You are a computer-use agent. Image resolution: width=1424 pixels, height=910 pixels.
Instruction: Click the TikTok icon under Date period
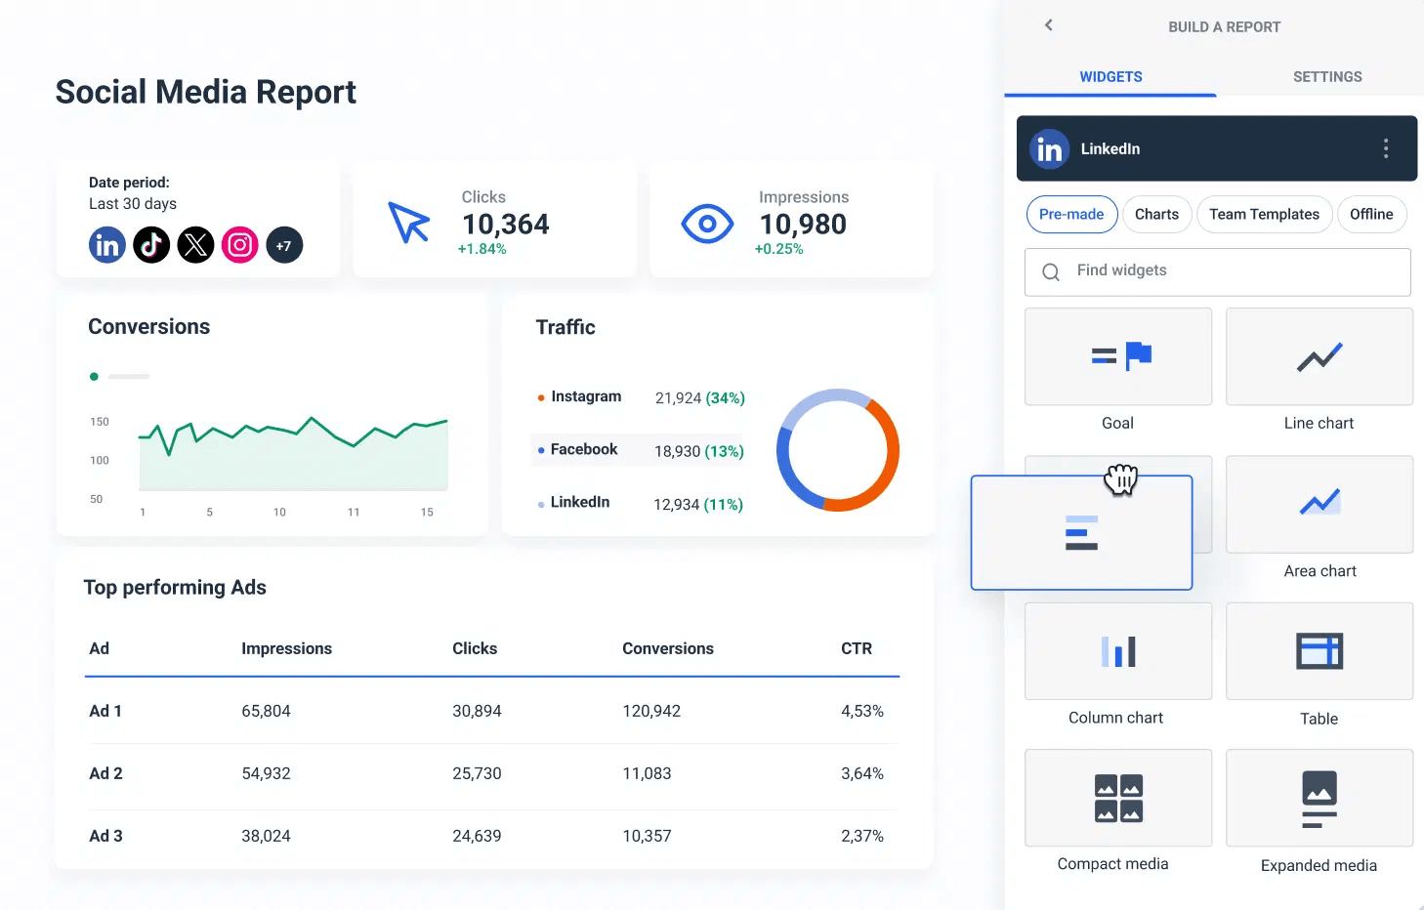pyautogui.click(x=151, y=245)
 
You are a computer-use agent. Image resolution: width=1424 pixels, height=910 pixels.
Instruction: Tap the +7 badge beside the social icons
pyautogui.click(x=284, y=245)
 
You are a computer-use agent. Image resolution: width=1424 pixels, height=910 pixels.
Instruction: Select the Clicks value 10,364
pyautogui.click(x=505, y=225)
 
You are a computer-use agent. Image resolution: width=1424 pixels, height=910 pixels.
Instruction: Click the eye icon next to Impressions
pyautogui.click(x=707, y=225)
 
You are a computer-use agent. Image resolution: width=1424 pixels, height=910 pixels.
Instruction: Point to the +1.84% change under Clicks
pyautogui.click(x=482, y=249)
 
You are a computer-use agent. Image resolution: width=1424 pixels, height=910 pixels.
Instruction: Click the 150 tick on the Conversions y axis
pyautogui.click(x=100, y=422)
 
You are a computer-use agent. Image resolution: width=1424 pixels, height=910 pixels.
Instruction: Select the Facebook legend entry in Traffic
pyautogui.click(x=583, y=449)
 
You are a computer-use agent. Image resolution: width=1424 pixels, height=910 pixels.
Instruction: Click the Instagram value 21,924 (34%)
pyautogui.click(x=699, y=398)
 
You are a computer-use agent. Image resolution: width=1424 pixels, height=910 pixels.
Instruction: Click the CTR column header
pyautogui.click(x=856, y=648)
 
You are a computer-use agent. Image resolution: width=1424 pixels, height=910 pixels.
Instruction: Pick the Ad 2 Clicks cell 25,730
pyautogui.click(x=477, y=773)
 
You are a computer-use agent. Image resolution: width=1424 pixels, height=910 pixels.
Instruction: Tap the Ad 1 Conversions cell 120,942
pyautogui.click(x=651, y=711)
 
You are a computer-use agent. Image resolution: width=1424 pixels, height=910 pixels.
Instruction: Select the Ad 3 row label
pyautogui.click(x=105, y=836)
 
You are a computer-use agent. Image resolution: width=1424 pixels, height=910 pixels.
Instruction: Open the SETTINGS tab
pyautogui.click(x=1326, y=77)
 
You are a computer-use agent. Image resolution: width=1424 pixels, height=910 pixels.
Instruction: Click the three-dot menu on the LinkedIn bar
pyautogui.click(x=1385, y=148)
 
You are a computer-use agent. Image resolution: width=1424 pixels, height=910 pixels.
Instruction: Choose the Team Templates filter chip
pyautogui.click(x=1264, y=215)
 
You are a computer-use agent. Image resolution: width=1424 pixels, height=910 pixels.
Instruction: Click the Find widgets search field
pyautogui.click(x=1217, y=271)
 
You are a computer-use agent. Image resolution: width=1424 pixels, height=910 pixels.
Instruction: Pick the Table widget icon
pyautogui.click(x=1319, y=651)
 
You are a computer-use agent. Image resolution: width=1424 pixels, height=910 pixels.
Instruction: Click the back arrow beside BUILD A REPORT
pyautogui.click(x=1049, y=25)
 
